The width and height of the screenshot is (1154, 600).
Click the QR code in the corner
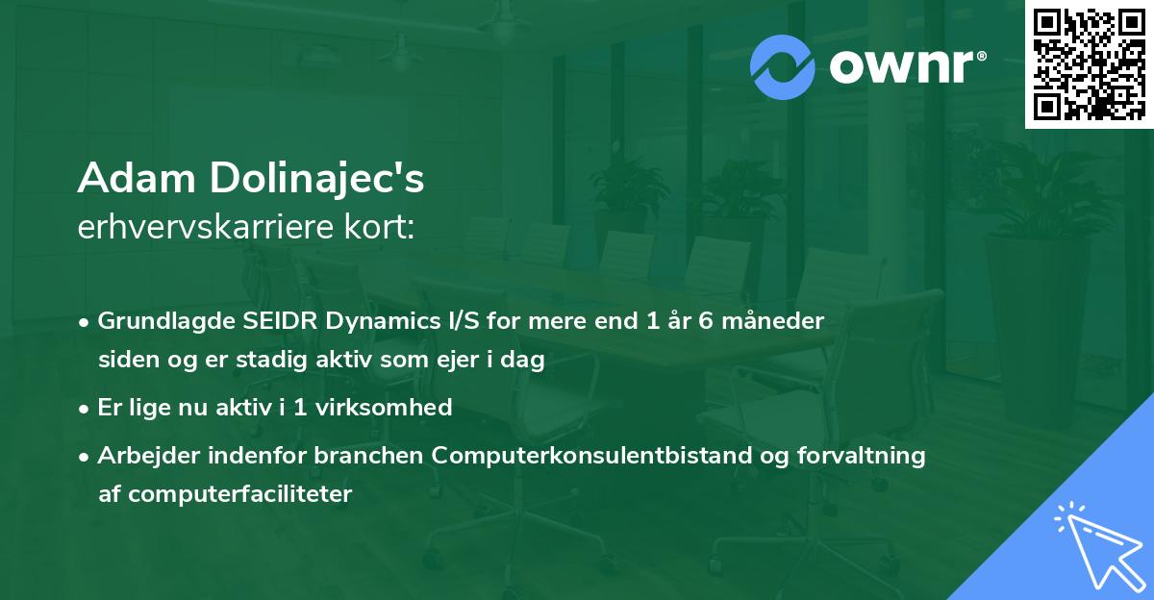coord(1089,64)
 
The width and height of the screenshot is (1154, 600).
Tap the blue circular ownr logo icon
coord(784,66)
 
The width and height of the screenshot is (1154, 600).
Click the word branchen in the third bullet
coord(378,456)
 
